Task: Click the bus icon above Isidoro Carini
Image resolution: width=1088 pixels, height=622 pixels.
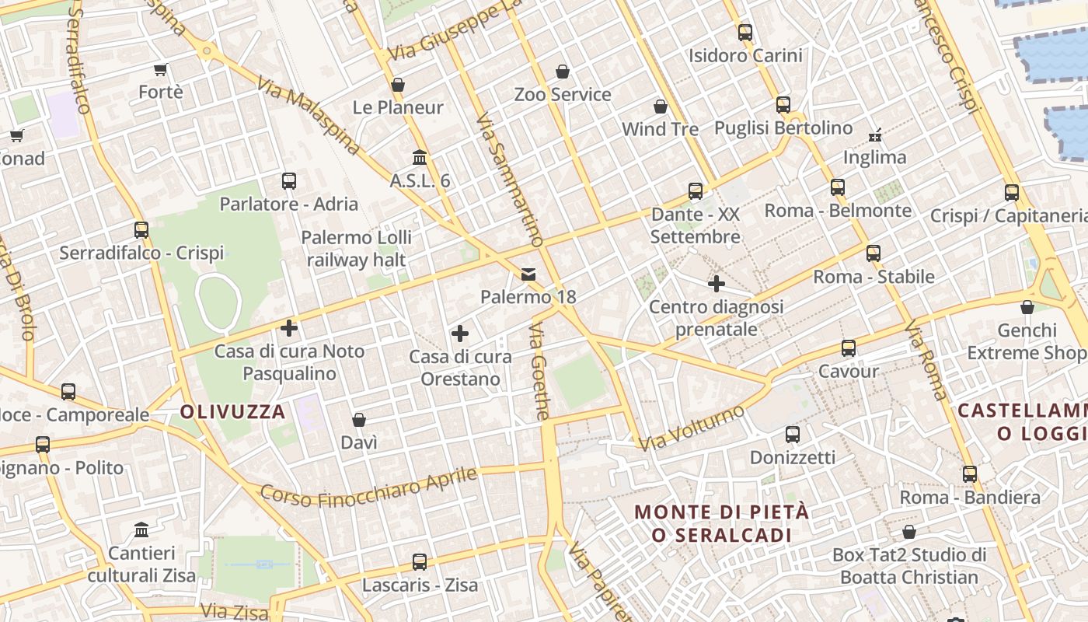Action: point(745,33)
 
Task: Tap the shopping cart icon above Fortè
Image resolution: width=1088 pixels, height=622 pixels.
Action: point(161,70)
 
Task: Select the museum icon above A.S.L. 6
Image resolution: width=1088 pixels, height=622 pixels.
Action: point(420,158)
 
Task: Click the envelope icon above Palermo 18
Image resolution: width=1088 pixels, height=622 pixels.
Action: point(528,274)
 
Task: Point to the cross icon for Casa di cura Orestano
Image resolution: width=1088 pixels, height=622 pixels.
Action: point(460,334)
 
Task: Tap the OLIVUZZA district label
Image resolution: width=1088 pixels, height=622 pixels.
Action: point(233,412)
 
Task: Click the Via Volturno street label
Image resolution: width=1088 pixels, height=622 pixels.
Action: point(691,428)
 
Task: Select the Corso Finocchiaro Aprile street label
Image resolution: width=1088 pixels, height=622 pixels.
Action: point(368,487)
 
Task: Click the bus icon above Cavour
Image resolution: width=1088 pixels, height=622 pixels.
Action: point(849,348)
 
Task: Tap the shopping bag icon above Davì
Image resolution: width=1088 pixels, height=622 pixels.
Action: point(359,421)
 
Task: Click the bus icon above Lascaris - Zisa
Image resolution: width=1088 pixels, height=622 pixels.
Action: point(420,561)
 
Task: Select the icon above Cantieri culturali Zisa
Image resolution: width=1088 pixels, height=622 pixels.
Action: point(141,530)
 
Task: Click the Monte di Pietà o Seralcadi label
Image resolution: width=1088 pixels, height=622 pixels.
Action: point(722,523)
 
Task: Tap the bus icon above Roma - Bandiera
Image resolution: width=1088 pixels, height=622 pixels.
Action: point(970,474)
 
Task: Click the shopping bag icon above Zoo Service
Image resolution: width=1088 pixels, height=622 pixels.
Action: point(563,72)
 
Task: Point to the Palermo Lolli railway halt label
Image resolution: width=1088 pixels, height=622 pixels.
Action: point(357,248)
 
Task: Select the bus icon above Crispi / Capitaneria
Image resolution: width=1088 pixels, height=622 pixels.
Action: point(1012,193)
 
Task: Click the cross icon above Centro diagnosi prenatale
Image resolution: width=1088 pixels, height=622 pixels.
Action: point(717,284)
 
